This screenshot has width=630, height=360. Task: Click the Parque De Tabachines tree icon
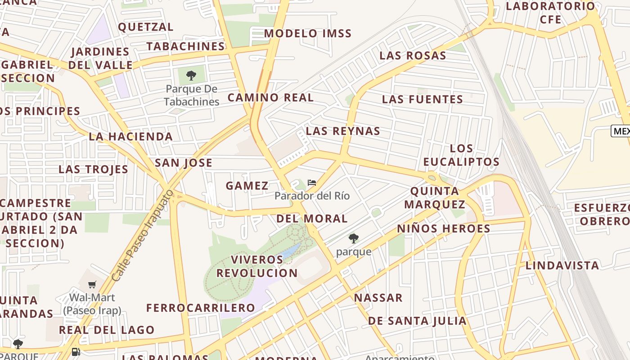pos(191,75)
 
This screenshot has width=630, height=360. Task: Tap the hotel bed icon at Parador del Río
pos(311,183)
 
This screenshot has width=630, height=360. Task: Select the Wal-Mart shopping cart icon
pos(92,284)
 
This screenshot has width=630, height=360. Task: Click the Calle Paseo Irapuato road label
pos(142,236)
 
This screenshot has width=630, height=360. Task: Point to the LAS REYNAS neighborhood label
pos(343,131)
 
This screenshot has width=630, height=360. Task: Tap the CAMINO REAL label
pos(270,97)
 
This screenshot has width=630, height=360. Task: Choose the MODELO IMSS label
pos(308,33)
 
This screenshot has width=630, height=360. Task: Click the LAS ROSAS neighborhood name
pos(413,55)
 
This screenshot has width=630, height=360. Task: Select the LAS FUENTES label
pos(423,99)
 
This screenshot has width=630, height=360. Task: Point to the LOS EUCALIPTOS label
pos(461,155)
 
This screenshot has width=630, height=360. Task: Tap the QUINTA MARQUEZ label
pos(435,198)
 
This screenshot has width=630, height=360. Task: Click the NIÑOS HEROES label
pos(444,228)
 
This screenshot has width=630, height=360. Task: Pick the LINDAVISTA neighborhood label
pos(562,265)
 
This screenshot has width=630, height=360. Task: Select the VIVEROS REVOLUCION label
pos(257,266)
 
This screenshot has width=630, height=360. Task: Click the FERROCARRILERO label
pos(201,308)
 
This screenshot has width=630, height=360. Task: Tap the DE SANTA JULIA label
pos(417,321)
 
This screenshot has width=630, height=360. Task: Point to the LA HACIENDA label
pos(131,136)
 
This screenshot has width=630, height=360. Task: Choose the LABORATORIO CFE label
pos(551,13)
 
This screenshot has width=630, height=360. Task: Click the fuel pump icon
pos(76,351)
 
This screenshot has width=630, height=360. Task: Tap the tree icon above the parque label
pos(354,238)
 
